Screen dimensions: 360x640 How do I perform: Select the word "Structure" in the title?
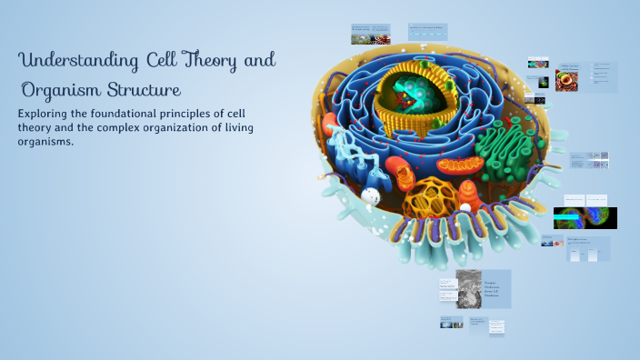pos(145,91)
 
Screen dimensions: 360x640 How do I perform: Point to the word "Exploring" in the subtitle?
pos(46,114)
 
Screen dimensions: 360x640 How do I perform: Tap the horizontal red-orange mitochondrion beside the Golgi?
pos(464,165)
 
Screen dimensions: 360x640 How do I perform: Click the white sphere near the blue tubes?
pos(370,195)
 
